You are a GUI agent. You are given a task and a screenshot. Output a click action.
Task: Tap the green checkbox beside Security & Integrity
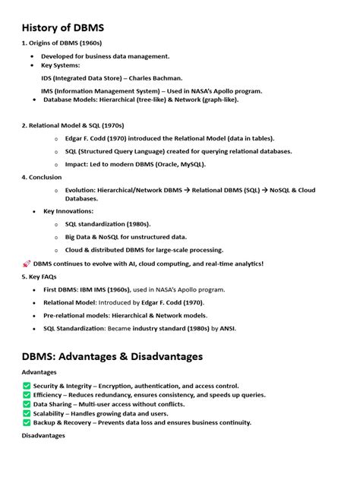pos(27,386)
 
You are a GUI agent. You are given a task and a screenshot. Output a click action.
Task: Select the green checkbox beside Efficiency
pos(27,395)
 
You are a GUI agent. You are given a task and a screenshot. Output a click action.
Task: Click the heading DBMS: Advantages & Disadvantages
pos(112,356)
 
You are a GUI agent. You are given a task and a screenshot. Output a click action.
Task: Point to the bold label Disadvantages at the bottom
pos(43,436)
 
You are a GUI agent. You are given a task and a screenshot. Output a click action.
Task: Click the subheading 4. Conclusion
pos(42,176)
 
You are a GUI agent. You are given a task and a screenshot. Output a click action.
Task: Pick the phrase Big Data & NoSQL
pos(95,237)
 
